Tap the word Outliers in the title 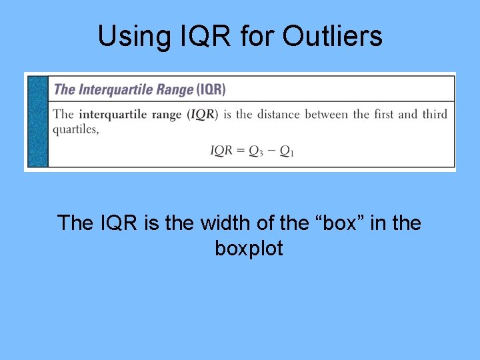(333, 36)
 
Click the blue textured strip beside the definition (38, 121)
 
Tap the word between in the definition (327, 114)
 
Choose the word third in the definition (434, 114)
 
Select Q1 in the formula (287, 151)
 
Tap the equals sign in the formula (241, 151)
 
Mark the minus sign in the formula (271, 151)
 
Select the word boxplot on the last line (249, 249)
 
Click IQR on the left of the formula (221, 151)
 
